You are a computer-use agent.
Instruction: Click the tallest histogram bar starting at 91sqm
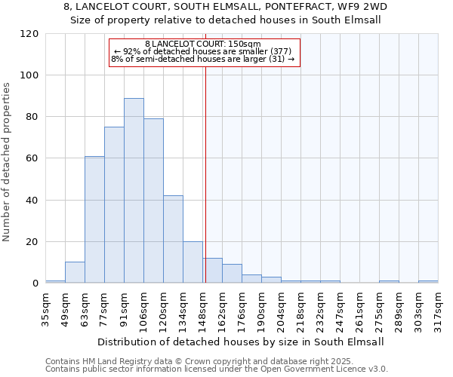[134, 191]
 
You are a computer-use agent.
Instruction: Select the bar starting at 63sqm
[94, 219]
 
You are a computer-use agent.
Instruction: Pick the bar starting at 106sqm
[153, 201]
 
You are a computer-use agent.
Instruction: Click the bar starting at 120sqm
[173, 239]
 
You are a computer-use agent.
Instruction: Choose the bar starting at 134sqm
[193, 262]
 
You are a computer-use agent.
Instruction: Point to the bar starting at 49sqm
[75, 272]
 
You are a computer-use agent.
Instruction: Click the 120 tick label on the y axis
[30, 34]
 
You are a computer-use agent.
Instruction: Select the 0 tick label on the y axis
[35, 284]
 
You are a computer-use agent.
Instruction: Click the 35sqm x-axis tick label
[45, 310]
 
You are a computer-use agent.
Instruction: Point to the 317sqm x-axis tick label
[438, 310]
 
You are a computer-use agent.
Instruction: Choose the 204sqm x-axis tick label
[281, 310]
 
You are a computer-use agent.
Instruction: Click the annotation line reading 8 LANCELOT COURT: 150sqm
[202, 44]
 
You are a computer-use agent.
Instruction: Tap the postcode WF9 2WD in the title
[365, 7]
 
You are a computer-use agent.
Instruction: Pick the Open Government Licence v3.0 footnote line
[217, 369]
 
